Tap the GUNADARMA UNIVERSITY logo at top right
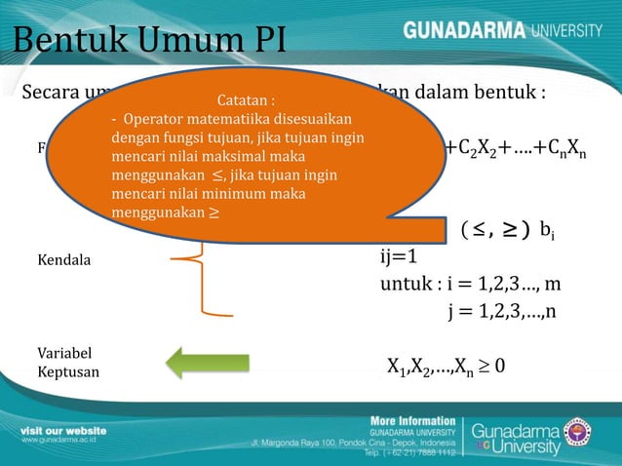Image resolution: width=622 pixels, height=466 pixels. [x=502, y=31]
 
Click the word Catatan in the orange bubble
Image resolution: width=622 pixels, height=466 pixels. [x=245, y=100]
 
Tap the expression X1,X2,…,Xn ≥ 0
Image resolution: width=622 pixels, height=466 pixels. [x=446, y=368]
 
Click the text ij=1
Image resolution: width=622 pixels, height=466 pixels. [x=399, y=257]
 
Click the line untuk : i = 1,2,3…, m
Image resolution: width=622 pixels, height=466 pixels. [x=471, y=285]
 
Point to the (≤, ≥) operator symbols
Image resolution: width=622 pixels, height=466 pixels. [x=494, y=230]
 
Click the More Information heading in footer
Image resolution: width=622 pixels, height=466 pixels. [x=412, y=421]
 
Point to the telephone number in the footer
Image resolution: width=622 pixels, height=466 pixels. [x=410, y=453]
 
